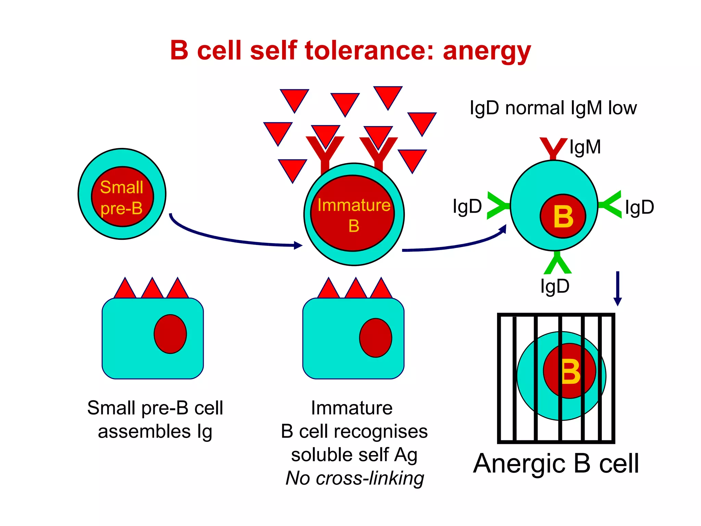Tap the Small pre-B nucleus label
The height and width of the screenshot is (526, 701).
[x=122, y=198]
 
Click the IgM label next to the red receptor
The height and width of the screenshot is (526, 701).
[x=585, y=147]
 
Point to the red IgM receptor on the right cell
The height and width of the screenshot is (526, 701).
[x=553, y=148]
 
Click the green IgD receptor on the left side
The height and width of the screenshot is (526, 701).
[x=498, y=205]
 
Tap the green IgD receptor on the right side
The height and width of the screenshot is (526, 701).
[x=610, y=205]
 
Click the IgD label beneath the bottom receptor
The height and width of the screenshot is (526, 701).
[x=555, y=286]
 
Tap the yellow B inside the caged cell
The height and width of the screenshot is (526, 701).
[x=571, y=372]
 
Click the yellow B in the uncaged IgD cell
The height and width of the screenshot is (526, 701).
[x=563, y=217]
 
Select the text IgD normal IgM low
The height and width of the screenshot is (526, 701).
[x=553, y=108]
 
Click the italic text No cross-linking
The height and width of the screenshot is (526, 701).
[x=355, y=478]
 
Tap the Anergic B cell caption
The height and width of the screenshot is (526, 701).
[x=556, y=464]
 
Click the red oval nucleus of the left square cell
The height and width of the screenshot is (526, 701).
[x=170, y=334]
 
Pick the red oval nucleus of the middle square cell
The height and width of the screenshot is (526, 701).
[x=375, y=338]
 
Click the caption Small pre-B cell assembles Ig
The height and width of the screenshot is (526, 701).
[x=155, y=419]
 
